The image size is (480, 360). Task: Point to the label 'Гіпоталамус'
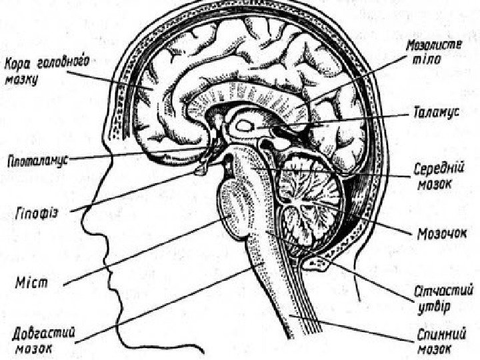pyautogui.click(x=39, y=160)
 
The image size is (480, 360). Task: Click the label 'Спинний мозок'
pyautogui.click(x=441, y=340)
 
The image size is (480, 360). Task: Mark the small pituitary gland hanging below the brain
pyautogui.click(x=201, y=172)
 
